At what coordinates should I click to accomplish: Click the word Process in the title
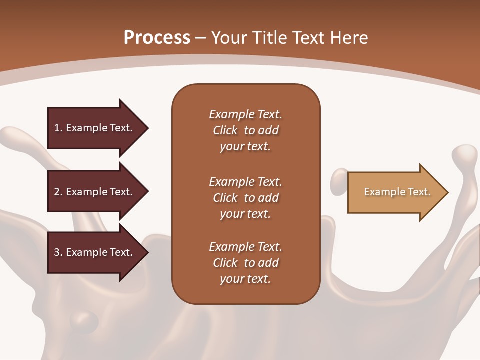[157, 38]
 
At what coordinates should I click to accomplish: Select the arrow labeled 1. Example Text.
[95, 128]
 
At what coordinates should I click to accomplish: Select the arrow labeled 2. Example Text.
[95, 192]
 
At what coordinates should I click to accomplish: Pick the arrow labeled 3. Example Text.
[95, 252]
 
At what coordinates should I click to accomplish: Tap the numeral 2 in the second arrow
[57, 192]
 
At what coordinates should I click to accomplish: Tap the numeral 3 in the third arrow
[57, 252]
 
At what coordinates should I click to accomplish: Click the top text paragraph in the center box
[245, 130]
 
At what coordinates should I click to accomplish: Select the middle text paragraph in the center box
[245, 198]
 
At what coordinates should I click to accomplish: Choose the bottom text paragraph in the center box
[245, 263]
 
